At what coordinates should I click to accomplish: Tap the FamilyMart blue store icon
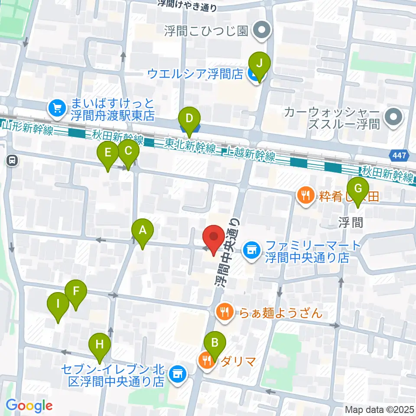[x=250, y=249]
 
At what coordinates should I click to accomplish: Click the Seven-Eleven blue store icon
[x=177, y=372]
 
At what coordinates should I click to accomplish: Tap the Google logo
[x=29, y=406]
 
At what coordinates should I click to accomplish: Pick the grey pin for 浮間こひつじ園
[x=262, y=32]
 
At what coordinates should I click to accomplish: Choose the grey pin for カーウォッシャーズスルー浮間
[x=393, y=117]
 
